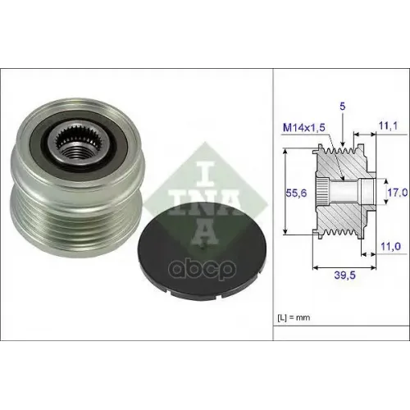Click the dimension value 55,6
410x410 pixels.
(296, 194)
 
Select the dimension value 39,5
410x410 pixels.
(344, 276)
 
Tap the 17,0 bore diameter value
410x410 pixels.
(398, 193)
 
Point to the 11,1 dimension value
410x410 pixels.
(388, 126)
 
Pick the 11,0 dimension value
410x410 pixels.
(390, 246)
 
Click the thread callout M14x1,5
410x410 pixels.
(304, 127)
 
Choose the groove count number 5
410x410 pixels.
(343, 107)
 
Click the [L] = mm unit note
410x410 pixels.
(294, 317)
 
